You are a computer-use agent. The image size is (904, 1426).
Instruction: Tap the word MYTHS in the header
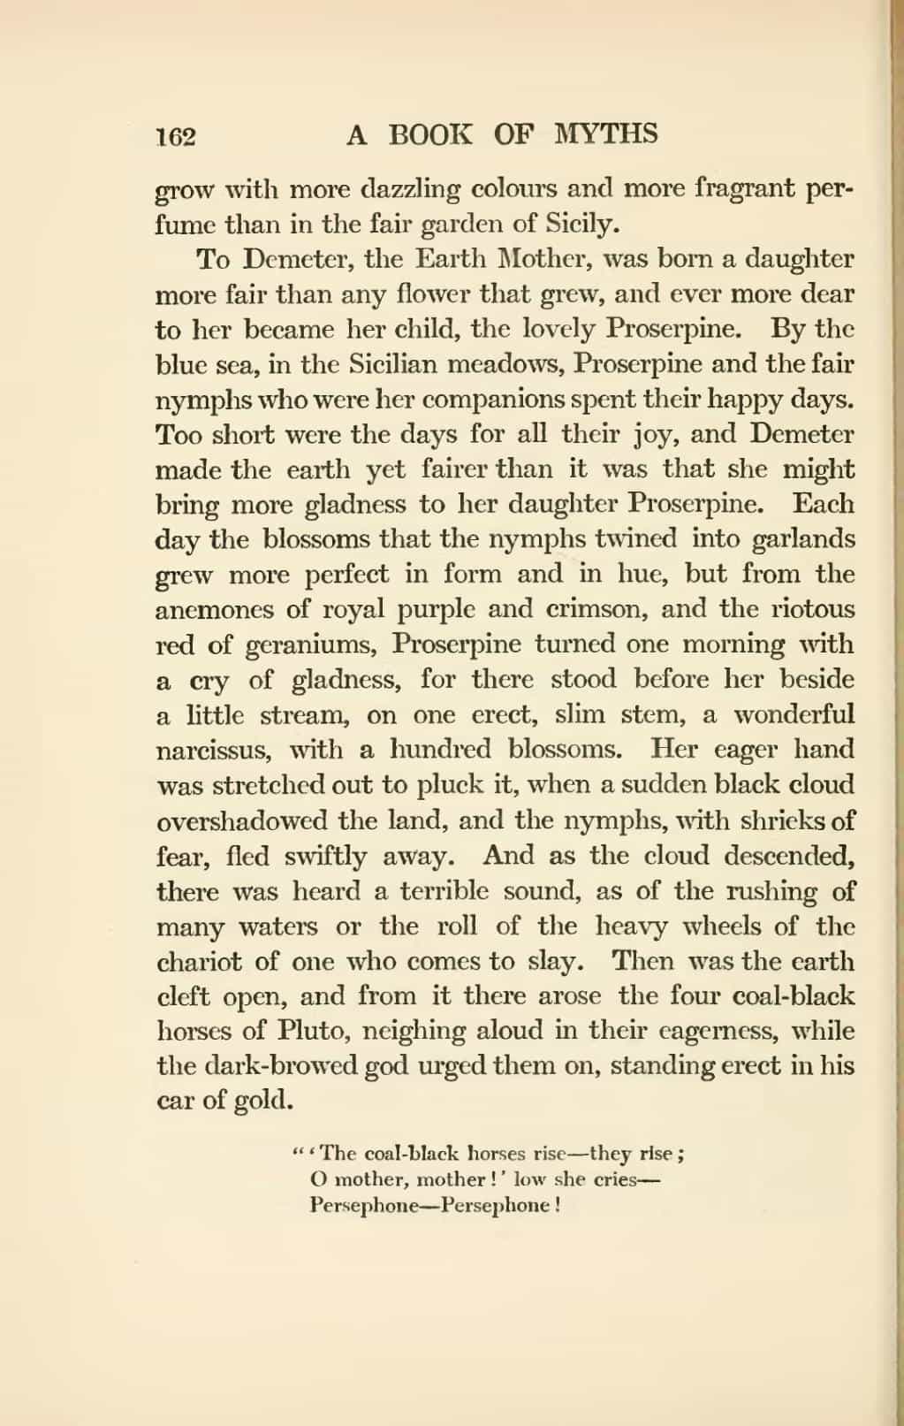click(607, 133)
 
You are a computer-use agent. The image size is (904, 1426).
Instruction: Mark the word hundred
click(437, 749)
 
